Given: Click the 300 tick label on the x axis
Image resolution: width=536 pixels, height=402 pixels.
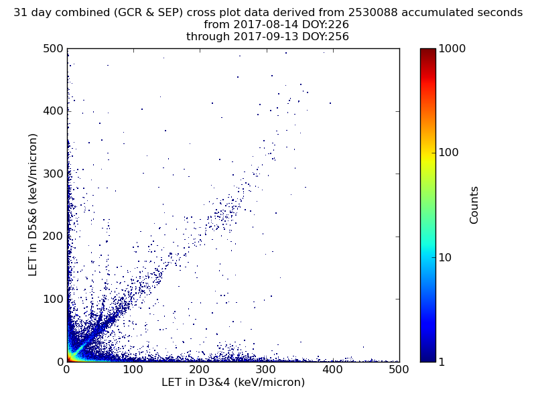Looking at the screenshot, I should point(266,369).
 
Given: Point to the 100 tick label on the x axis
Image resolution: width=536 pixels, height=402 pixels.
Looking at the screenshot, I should point(133,369).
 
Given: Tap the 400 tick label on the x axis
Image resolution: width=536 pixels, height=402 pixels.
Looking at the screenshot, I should point(332,369).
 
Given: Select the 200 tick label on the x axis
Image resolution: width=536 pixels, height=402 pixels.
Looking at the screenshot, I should point(200,369).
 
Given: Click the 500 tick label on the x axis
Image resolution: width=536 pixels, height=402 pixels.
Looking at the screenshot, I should point(399,369).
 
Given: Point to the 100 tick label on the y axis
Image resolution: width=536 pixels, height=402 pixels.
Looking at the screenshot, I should point(53,299).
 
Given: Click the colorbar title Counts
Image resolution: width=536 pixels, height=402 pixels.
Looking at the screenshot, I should point(474,205).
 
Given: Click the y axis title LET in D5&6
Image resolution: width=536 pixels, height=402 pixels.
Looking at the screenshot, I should point(33,204).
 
